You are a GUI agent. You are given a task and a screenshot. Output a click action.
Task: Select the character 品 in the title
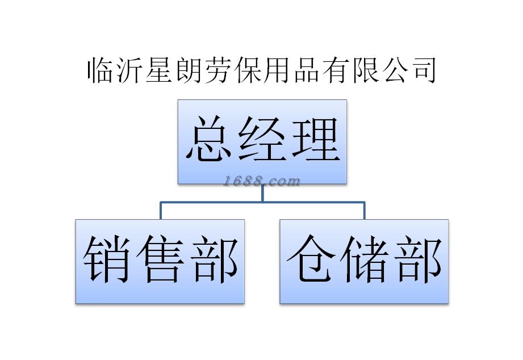pos(306,70)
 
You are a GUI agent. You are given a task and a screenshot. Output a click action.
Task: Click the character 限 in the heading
pos(364,70)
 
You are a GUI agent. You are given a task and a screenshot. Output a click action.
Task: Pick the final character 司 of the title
pos(422,70)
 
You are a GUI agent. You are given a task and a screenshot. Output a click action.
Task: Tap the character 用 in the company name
pos(277,70)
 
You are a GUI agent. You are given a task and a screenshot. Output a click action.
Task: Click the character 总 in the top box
pos(208,140)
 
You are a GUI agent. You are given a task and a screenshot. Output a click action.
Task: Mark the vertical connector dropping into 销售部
pos(161,211)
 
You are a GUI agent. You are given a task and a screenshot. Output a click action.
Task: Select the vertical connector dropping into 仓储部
pos(364,211)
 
